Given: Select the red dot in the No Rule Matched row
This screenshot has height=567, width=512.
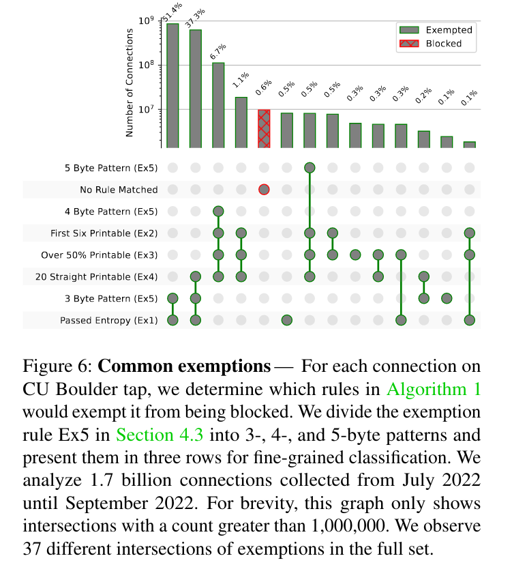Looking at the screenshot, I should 264,190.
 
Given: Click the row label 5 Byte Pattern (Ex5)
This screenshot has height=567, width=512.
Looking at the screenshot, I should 111,168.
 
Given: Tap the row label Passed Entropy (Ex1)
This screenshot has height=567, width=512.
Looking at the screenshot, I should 109,320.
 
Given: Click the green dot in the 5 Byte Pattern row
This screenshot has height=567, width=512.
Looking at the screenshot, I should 310,168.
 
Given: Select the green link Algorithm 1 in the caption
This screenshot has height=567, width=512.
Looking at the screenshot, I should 434,390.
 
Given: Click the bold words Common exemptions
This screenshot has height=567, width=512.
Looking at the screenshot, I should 184,366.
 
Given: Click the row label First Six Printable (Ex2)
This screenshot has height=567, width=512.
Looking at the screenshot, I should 104,233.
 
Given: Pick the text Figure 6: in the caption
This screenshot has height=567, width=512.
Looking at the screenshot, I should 57,366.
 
